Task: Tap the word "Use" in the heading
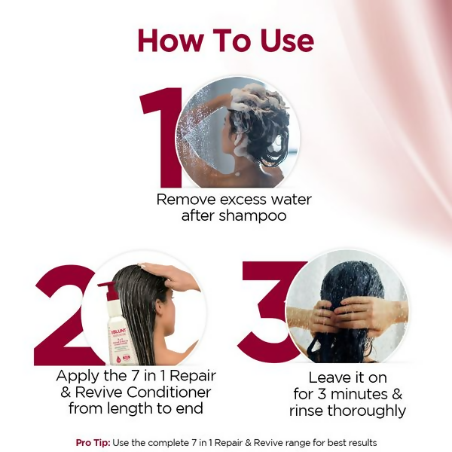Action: (282, 41)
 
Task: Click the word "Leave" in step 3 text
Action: (329, 377)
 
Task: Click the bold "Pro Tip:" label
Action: (93, 442)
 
